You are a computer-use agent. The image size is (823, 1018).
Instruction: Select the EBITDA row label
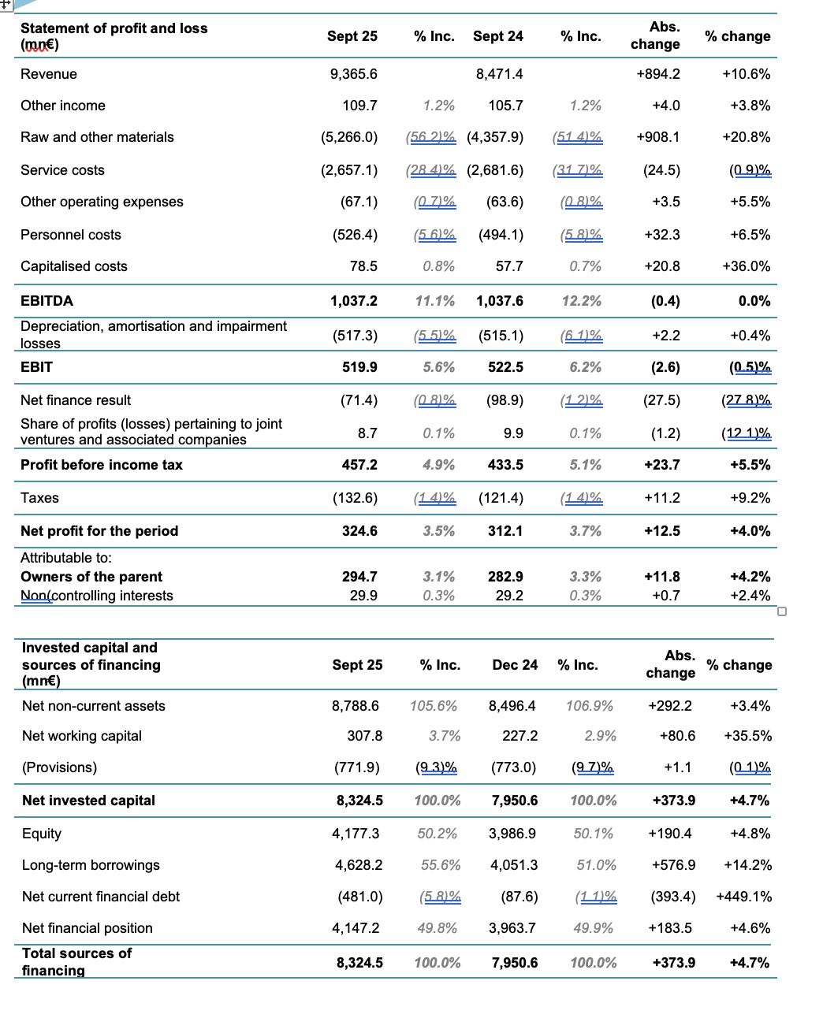tap(47, 301)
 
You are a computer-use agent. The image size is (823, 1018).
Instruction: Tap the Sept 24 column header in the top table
tap(497, 36)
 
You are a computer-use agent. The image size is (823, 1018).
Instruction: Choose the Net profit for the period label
tap(99, 531)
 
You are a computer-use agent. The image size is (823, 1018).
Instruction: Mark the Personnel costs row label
tap(71, 235)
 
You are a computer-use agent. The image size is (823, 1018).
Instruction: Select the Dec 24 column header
tap(515, 665)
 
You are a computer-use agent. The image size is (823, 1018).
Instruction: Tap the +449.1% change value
tap(743, 897)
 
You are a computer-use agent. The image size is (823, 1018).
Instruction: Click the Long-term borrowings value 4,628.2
tap(359, 865)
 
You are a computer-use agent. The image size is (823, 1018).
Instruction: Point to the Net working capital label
tap(82, 736)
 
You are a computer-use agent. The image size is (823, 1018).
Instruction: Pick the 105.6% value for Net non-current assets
tap(434, 706)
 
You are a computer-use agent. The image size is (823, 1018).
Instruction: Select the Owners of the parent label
tap(91, 577)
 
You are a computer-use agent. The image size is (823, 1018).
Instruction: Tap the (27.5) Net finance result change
tap(662, 400)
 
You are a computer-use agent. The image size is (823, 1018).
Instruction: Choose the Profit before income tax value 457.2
tap(359, 465)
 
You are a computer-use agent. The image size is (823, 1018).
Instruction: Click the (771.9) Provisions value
tap(359, 767)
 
